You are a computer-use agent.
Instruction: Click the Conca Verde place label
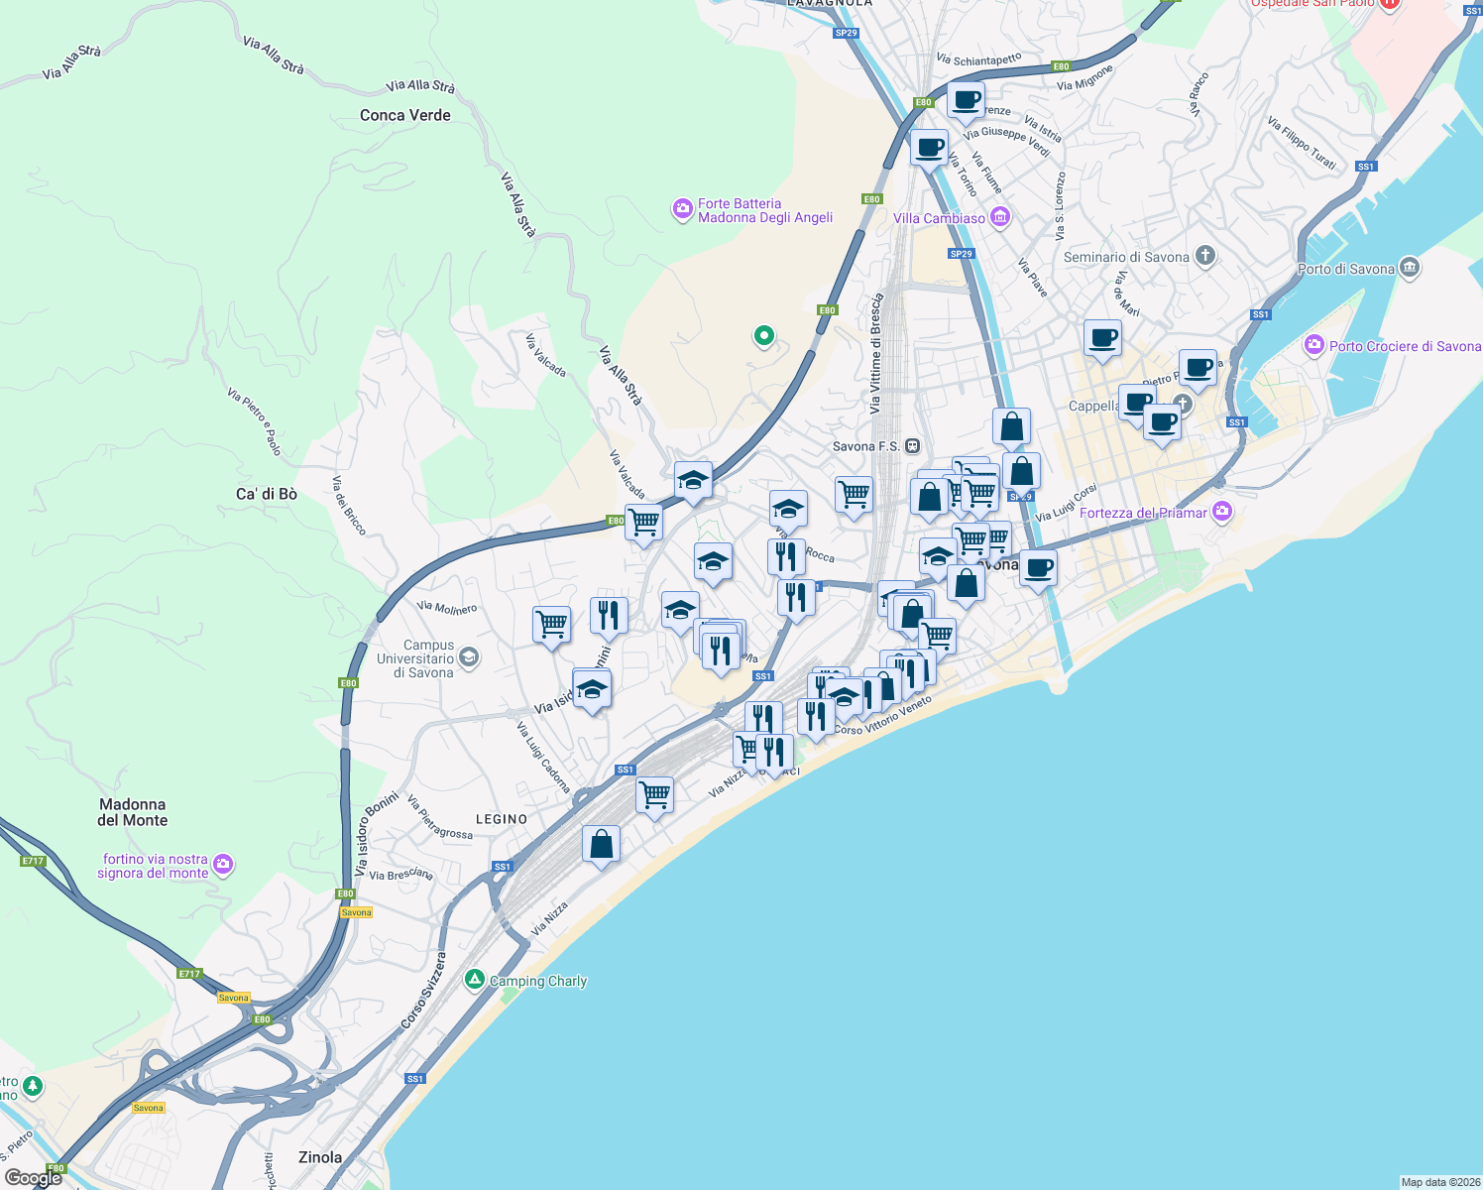click(404, 115)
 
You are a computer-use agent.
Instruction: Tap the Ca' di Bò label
click(266, 494)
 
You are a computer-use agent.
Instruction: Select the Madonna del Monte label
click(133, 812)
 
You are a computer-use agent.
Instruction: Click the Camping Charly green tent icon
click(475, 980)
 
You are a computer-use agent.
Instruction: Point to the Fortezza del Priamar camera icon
click(1222, 512)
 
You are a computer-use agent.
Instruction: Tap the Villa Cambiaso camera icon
click(1000, 217)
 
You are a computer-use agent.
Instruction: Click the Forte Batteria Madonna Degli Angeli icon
click(682, 209)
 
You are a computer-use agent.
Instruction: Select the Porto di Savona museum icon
click(1410, 268)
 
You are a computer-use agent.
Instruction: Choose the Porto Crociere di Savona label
click(1405, 346)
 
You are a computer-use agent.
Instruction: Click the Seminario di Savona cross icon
click(1205, 256)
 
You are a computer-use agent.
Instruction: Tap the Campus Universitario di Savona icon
click(469, 656)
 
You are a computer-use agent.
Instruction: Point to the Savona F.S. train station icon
click(912, 446)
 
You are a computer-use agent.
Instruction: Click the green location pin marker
click(763, 336)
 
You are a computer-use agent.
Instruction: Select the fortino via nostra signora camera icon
click(223, 865)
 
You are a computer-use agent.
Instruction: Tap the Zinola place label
click(320, 1157)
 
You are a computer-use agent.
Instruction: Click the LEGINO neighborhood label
click(502, 819)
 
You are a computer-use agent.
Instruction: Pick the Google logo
click(34, 1177)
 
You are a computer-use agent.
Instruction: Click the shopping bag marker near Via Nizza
click(601, 845)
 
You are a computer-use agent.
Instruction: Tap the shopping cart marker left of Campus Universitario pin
click(551, 625)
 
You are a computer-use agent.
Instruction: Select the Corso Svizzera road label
click(423, 991)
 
